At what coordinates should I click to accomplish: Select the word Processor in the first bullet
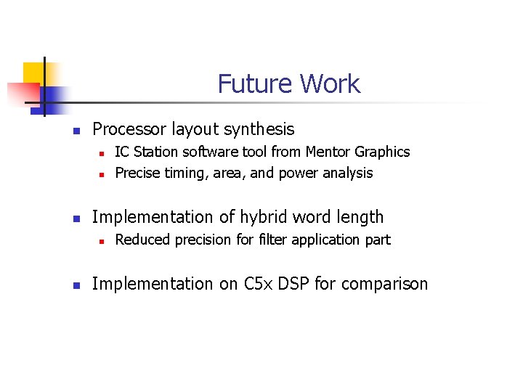click(x=129, y=130)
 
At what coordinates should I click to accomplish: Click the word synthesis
click(x=259, y=130)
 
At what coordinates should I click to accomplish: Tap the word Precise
click(x=138, y=173)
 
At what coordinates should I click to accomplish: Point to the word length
click(x=360, y=217)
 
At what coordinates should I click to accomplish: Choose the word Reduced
click(x=142, y=240)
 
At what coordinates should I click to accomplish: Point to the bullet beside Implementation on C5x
click(x=75, y=285)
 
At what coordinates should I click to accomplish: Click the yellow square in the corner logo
click(x=33, y=73)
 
